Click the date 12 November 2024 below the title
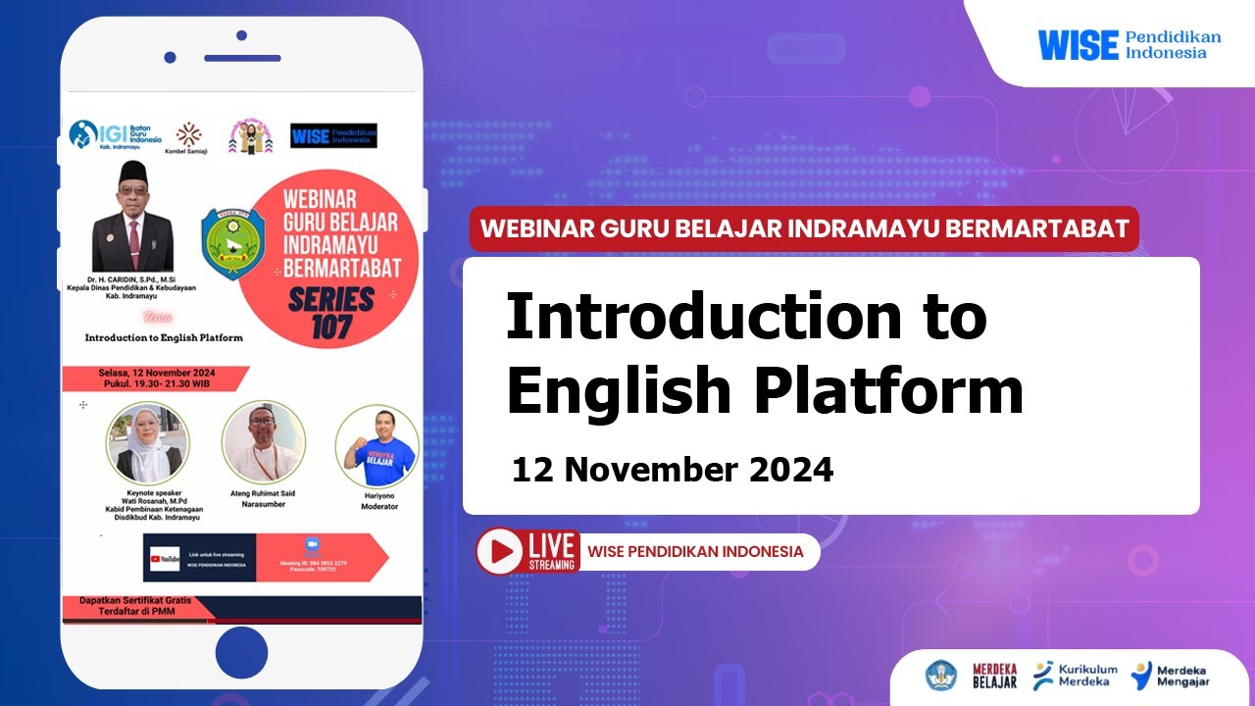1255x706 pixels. click(x=673, y=471)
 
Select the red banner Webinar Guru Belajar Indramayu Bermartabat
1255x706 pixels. click(x=804, y=229)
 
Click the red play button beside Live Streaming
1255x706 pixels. click(x=501, y=551)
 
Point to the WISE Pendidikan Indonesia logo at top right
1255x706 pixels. click(x=1129, y=44)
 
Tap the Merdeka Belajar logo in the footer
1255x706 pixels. click(x=993, y=676)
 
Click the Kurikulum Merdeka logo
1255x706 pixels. click(x=1075, y=676)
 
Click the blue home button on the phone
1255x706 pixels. click(x=241, y=652)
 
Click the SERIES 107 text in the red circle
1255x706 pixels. click(x=330, y=312)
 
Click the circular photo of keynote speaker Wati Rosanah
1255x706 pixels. click(x=147, y=442)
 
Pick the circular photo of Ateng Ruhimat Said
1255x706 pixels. click(x=263, y=441)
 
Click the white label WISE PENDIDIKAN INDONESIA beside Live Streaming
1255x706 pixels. click(x=695, y=551)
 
